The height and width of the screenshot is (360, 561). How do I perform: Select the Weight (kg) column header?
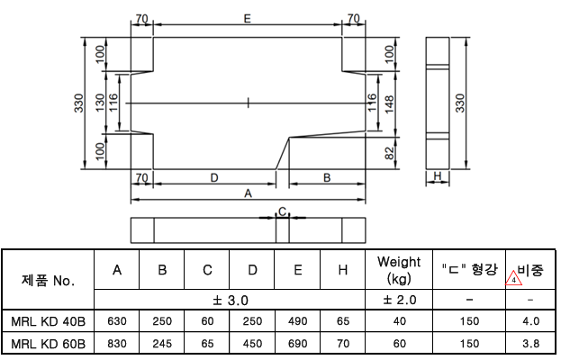pos(399,269)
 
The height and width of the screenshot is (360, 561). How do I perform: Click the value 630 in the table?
pos(117,320)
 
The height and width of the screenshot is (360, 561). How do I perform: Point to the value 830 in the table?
pos(117,343)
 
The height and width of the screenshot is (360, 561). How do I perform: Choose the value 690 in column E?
pos(297,343)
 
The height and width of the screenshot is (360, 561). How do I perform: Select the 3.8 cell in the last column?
pos(531,343)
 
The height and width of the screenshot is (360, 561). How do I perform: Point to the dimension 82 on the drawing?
pos(389,153)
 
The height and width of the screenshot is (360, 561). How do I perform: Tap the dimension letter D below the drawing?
pos(213,177)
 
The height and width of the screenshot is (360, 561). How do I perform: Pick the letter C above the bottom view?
pos(282,211)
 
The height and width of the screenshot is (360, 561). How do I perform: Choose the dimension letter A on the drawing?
pos(248,192)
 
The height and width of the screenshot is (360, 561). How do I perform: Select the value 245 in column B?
pos(162,343)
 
